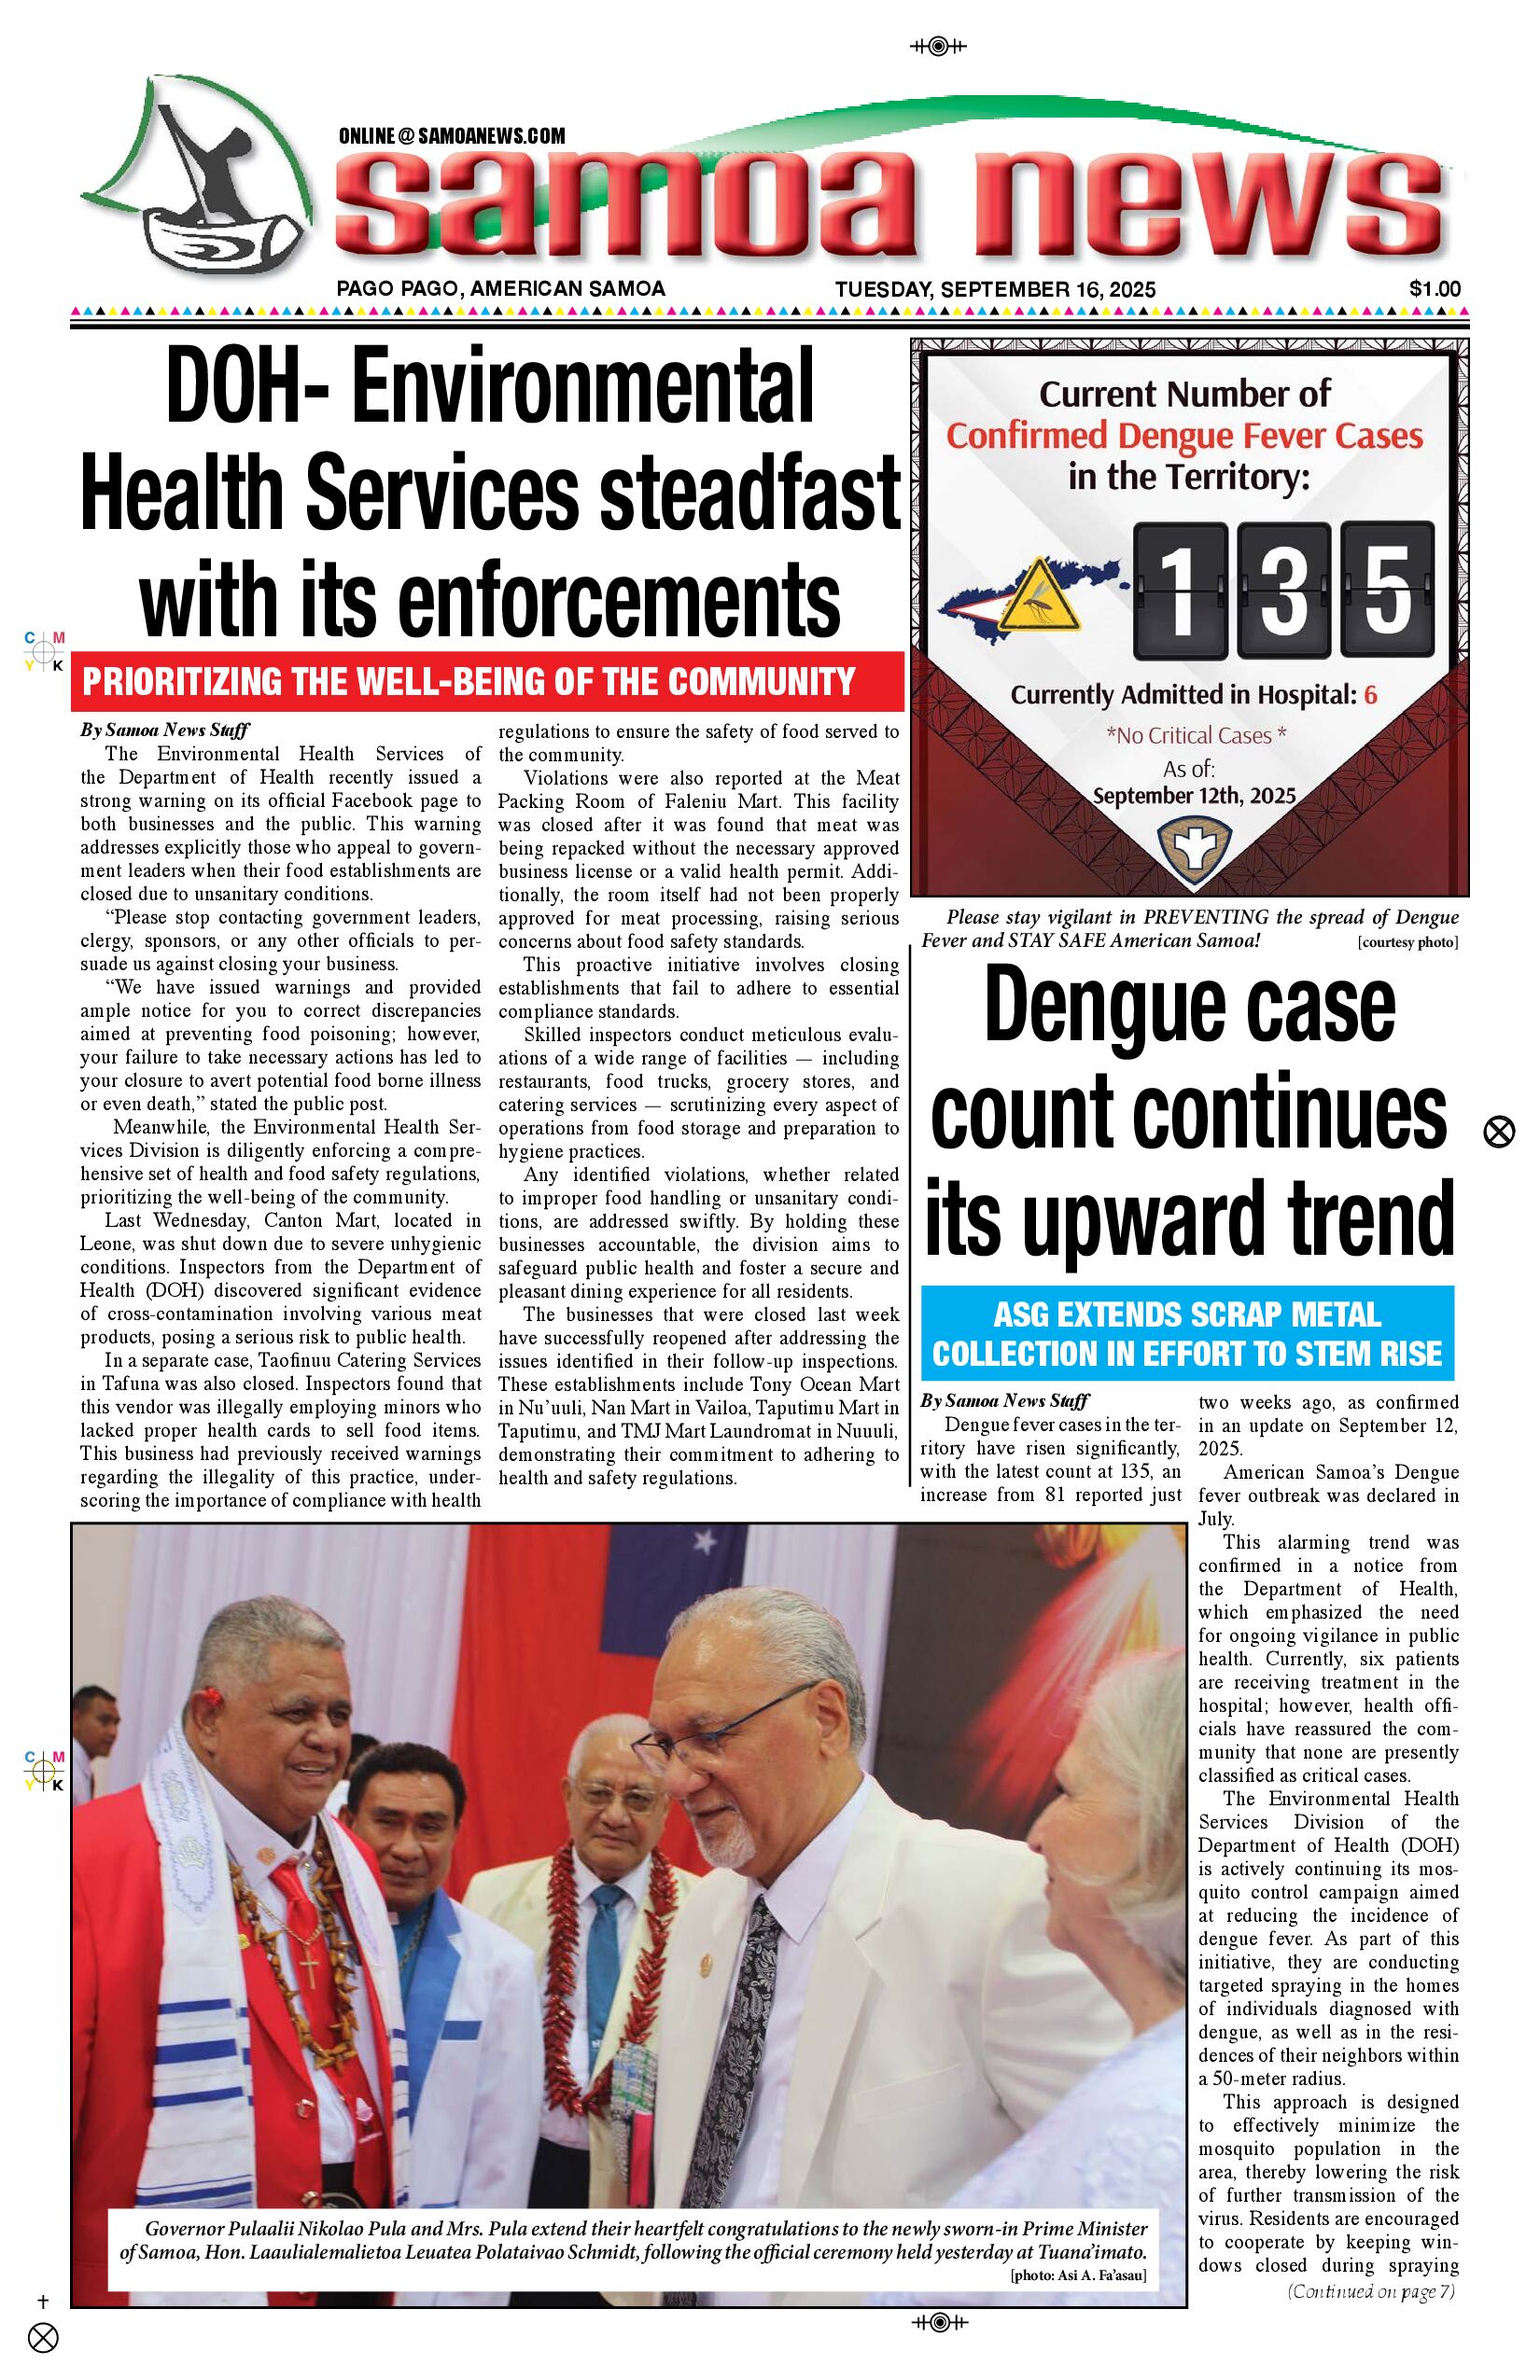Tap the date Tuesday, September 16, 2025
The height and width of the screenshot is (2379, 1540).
pos(995,290)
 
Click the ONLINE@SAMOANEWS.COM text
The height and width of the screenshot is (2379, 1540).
pos(452,136)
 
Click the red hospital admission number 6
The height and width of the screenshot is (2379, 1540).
pos(1370,695)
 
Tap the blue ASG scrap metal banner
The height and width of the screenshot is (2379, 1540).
pos(1187,1333)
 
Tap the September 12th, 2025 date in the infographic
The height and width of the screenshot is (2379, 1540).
pos(1193,797)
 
